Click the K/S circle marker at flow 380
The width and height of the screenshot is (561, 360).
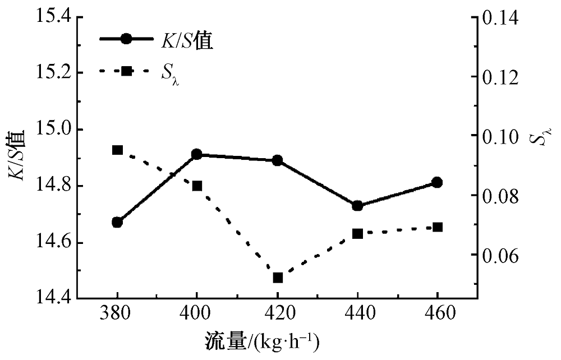(117, 222)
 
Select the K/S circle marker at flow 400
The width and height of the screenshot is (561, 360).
(197, 154)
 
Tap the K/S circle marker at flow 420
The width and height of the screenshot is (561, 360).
(277, 160)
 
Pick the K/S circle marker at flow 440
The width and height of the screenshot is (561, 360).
(357, 206)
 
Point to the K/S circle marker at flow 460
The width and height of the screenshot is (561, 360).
(437, 182)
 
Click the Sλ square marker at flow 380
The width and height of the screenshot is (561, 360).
(117, 150)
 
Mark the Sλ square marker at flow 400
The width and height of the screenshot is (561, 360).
(197, 186)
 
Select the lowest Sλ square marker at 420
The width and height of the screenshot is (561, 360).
(277, 278)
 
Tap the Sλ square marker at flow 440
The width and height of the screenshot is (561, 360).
(357, 233)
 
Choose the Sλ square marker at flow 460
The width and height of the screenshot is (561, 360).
(437, 227)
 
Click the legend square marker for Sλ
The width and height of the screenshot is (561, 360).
(126, 71)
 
